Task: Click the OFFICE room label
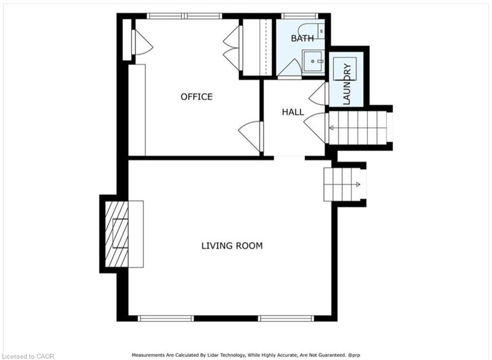(197, 96)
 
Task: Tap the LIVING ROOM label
(232, 246)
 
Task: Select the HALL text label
(293, 112)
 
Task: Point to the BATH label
(302, 38)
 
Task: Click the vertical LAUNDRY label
(347, 84)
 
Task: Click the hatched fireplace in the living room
(116, 234)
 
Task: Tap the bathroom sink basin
(313, 61)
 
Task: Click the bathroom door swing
(289, 68)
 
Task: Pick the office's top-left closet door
(142, 42)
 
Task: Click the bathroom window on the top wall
(300, 16)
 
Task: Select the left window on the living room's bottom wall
(166, 318)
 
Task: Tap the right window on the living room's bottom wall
(286, 318)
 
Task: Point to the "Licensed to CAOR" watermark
(27, 356)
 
